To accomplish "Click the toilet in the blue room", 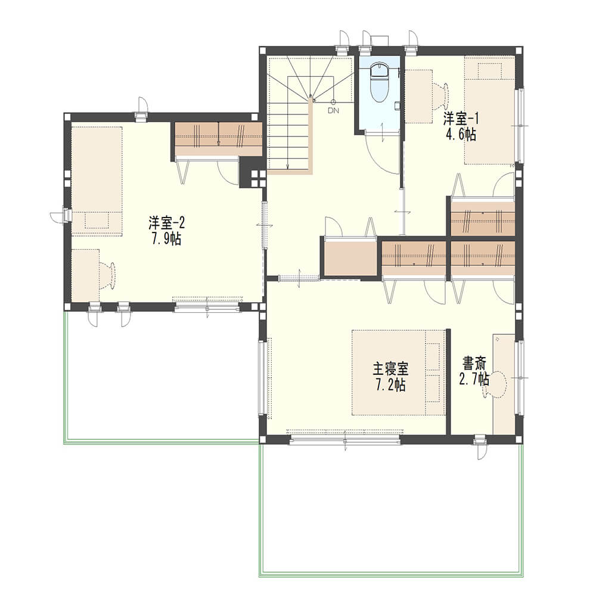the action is (x=379, y=83).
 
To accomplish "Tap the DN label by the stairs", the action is (x=333, y=111).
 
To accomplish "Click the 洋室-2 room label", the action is (x=166, y=223).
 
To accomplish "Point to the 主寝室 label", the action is (x=390, y=369).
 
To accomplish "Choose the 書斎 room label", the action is (x=474, y=364).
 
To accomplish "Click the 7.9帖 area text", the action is (x=166, y=239).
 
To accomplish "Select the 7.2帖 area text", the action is (x=390, y=386).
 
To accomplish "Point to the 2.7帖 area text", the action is (x=474, y=379).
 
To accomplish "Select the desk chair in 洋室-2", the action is (x=108, y=274).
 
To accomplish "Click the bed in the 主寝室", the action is (x=398, y=372).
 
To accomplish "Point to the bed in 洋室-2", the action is (x=97, y=181).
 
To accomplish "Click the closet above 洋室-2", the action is (x=219, y=139).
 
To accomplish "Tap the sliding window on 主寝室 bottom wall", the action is (x=344, y=440).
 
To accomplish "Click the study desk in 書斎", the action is (x=504, y=384).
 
